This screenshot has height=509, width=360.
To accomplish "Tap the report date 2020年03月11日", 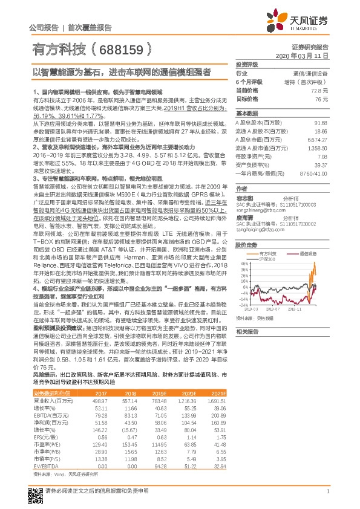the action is [306, 55].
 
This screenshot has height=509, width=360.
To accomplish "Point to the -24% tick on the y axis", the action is [243, 299].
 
